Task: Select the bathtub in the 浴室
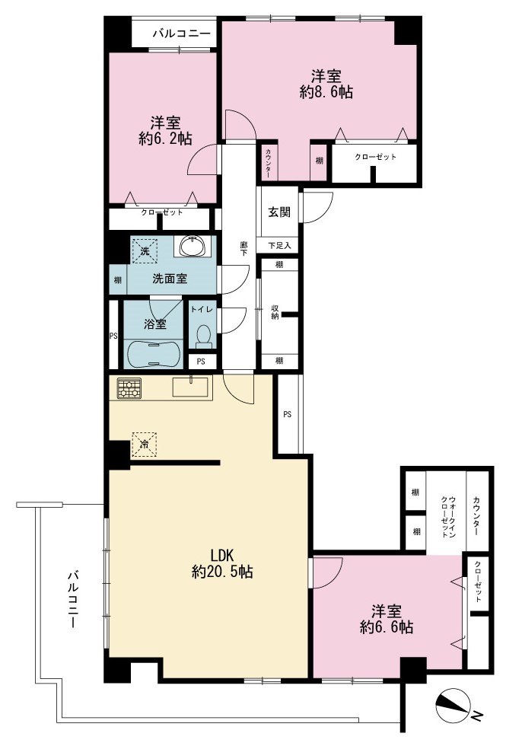click(154, 353)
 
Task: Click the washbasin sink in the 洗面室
click(193, 246)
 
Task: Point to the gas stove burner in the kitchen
click(129, 387)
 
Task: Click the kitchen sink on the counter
click(190, 386)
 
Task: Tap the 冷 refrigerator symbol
click(144, 445)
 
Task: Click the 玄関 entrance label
click(279, 212)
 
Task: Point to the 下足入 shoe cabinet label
click(279, 245)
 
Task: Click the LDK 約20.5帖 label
click(222, 563)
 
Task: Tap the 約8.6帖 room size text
click(326, 91)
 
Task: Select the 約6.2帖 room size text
click(166, 139)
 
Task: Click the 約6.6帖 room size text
click(387, 626)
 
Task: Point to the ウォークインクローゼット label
click(448, 516)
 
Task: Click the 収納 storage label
click(275, 311)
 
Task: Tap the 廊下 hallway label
click(243, 248)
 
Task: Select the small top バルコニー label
click(181, 33)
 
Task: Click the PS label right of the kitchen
click(288, 414)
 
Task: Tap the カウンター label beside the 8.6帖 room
click(269, 163)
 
